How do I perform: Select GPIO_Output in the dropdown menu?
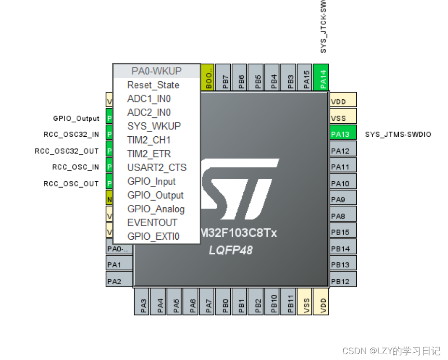point(155,195)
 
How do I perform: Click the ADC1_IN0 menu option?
point(149,99)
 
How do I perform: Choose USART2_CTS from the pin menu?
point(156,168)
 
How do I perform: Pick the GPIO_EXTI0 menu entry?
point(153,236)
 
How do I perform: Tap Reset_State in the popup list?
point(153,85)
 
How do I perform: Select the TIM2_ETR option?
point(149,154)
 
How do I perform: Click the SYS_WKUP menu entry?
point(154,126)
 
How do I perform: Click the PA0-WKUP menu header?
point(156,71)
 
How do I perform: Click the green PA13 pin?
point(343,134)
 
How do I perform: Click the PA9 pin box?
point(343,199)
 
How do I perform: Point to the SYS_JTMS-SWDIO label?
point(398,134)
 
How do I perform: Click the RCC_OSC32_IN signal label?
point(71,134)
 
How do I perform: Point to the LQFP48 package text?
point(230,250)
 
